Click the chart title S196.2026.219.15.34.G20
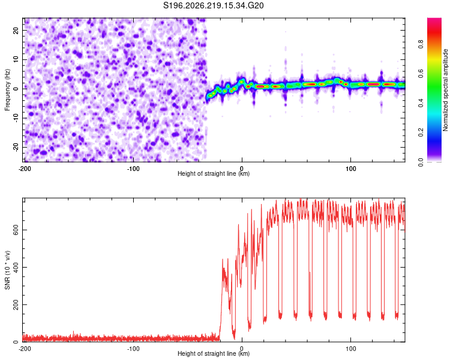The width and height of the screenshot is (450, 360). point(213,5)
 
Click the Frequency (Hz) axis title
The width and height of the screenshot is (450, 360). point(7,90)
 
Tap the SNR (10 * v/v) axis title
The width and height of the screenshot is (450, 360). point(7,270)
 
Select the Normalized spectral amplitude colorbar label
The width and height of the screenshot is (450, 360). point(445,90)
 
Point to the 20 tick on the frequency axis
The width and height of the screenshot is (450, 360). point(16,30)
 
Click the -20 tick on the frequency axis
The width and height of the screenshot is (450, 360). point(16,147)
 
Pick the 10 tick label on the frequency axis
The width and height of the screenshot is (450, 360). point(16,59)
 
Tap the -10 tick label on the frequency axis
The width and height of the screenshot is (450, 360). point(16,118)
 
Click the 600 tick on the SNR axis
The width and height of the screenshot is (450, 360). point(16,230)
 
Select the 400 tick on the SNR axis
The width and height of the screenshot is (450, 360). point(16,267)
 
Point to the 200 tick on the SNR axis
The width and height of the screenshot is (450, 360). point(16,305)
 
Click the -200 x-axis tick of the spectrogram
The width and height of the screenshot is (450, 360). point(25,169)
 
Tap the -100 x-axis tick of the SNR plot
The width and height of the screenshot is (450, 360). point(133,349)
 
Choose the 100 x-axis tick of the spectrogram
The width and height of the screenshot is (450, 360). point(351,169)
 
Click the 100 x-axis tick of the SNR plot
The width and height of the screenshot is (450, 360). point(351,349)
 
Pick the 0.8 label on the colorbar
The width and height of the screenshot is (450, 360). point(421,44)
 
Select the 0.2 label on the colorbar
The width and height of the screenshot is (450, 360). point(421,133)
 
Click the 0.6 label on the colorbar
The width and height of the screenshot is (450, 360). point(421,74)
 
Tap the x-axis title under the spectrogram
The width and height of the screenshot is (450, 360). point(214,173)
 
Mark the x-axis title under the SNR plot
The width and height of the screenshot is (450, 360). point(214,353)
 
